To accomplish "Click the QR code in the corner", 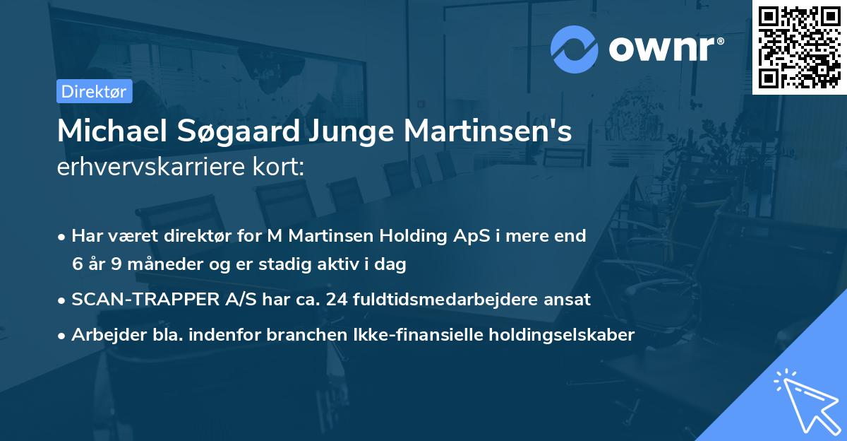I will coord(799,47).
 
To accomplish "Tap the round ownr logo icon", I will coord(575,49).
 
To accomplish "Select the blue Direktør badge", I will coord(94,91).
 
